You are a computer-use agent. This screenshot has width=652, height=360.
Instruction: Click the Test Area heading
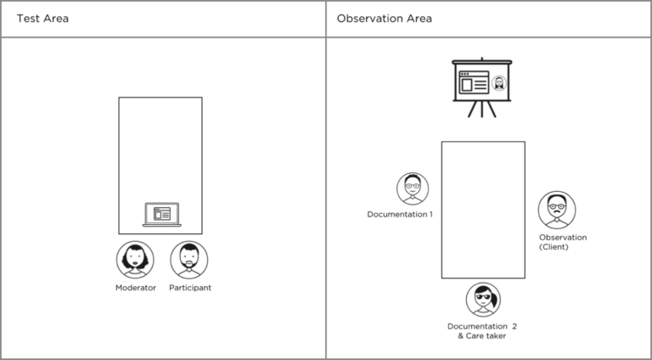coord(42,19)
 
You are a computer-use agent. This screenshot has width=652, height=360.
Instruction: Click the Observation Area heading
coord(384,19)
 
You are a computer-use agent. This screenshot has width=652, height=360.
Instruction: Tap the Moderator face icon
coord(135,260)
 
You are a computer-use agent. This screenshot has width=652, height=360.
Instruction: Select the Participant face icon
coord(189,260)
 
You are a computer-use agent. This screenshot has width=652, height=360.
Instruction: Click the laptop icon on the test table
coord(160,215)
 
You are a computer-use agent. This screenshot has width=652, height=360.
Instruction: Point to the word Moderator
coord(136,288)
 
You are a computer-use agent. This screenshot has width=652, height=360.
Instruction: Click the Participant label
coord(190,288)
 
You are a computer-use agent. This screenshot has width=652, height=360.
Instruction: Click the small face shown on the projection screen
coord(499,83)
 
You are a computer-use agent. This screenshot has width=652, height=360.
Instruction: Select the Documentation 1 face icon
coord(413,188)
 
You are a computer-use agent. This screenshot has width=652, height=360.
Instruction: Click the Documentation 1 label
coord(400,214)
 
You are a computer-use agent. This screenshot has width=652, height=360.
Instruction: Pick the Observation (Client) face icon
coord(557,209)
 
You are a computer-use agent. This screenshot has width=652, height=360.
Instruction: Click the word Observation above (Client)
coord(563,237)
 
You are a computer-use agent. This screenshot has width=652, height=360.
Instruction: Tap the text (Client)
coord(554,247)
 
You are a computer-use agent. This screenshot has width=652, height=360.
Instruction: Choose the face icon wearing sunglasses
coord(483,300)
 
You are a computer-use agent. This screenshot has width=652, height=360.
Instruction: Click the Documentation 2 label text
coord(482,326)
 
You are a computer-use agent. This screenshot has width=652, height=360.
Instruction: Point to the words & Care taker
coord(482,336)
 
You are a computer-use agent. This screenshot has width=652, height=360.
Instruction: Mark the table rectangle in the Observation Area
coord(483,210)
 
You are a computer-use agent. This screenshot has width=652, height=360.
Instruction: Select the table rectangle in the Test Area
coord(160,153)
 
